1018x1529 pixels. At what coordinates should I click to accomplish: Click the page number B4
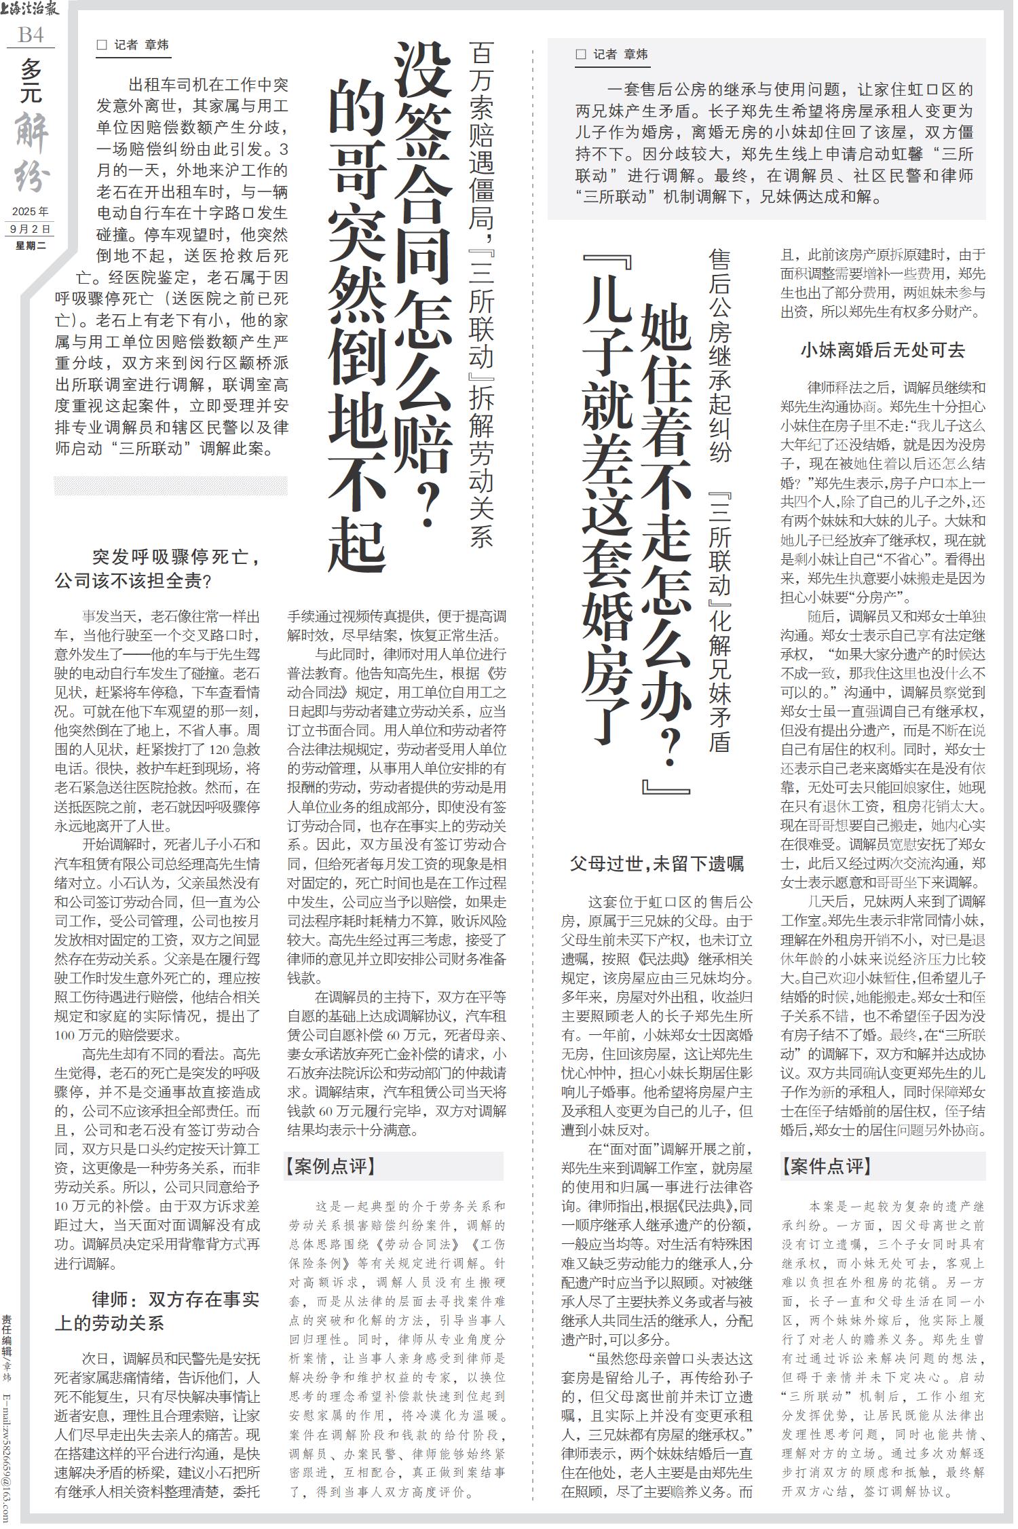pyautogui.click(x=31, y=35)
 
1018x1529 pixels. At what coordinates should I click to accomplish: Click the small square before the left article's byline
pyautogui.click(x=102, y=45)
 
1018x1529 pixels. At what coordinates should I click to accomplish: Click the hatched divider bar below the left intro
pyautogui.click(x=170, y=485)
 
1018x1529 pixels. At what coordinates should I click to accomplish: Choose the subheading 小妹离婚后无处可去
pyautogui.click(x=882, y=350)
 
